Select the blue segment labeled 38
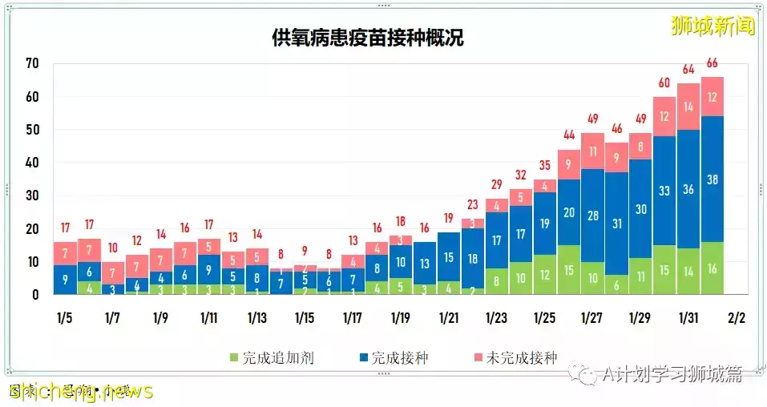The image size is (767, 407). point(713,179)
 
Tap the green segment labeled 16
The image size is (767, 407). point(713,268)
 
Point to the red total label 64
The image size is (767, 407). point(688,70)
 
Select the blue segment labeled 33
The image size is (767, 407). point(664,191)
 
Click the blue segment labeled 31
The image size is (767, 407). point(616,224)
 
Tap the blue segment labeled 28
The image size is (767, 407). point(592,215)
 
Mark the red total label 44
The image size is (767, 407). point(569,135)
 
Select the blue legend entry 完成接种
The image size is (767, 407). point(393,358)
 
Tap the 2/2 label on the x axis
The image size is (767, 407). point(736,317)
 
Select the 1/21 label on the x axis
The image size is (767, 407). point(449,317)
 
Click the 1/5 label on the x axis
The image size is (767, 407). point(65,317)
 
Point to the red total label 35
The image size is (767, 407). point(545,165)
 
